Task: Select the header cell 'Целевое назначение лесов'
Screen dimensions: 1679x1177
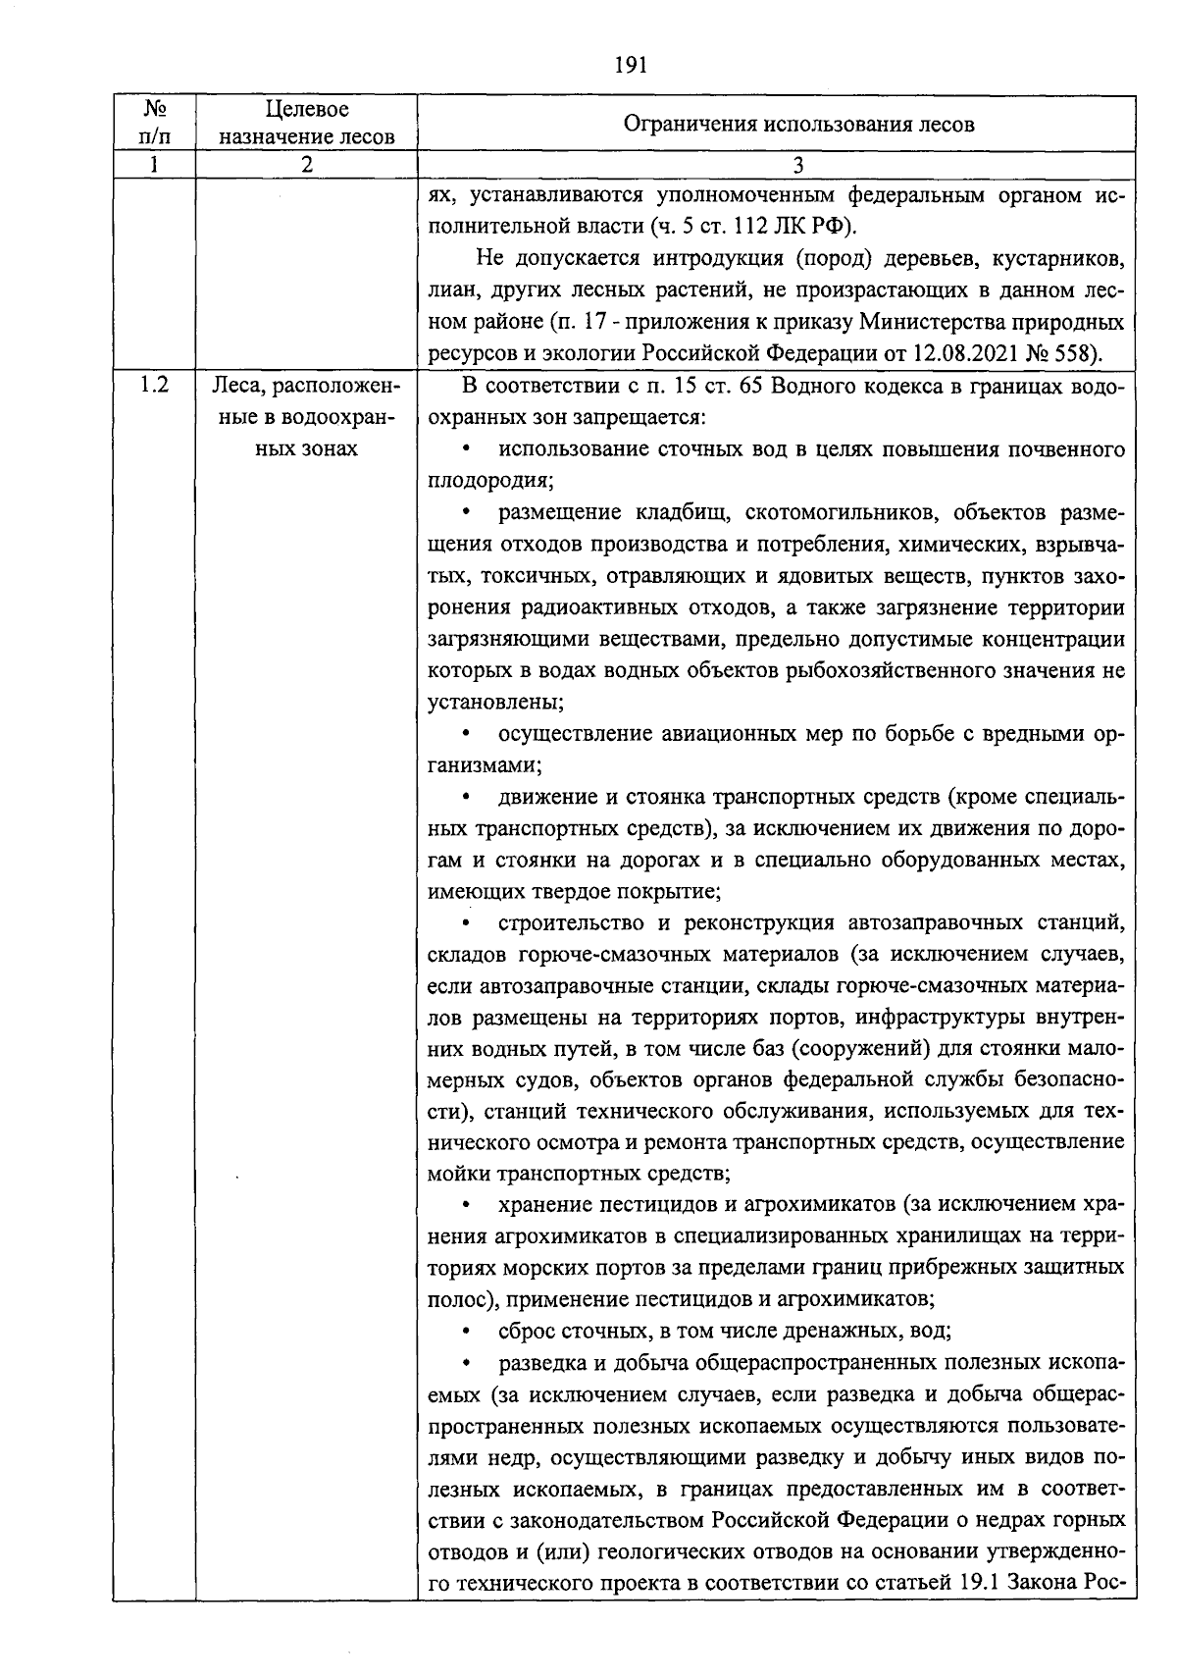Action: click(x=306, y=124)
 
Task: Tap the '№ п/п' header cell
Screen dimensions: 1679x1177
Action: click(x=154, y=124)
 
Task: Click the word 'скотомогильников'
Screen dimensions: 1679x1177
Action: click(x=832, y=512)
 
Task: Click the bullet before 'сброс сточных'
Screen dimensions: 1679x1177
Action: click(x=466, y=1332)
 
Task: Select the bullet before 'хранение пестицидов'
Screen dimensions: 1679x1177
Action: click(x=466, y=1205)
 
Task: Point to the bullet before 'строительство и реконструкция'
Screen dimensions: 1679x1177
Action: click(x=466, y=923)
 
